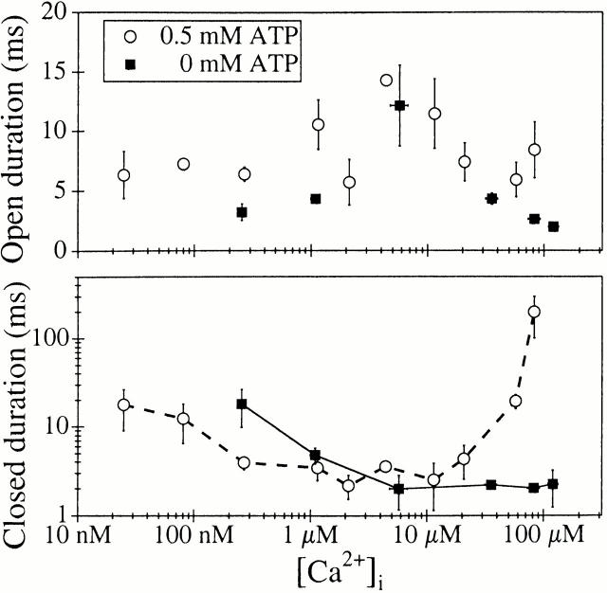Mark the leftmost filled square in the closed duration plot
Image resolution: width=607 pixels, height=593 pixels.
pyautogui.click(x=242, y=404)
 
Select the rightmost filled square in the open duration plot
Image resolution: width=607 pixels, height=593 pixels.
pyautogui.click(x=553, y=226)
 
